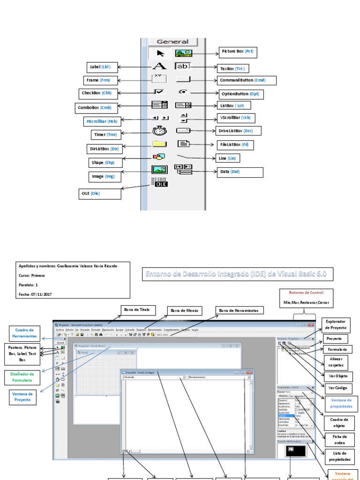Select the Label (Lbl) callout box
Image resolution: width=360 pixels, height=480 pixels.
tap(99, 67)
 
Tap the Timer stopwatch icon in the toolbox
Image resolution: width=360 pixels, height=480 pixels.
tap(159, 131)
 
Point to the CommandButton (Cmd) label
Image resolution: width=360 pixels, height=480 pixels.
tap(242, 80)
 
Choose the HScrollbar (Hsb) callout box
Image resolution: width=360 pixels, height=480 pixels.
tap(101, 121)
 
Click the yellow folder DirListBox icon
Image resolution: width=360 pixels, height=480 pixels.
tap(159, 144)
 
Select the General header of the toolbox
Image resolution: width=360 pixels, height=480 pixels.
tap(172, 42)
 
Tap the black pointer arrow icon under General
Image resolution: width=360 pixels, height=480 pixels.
tap(160, 53)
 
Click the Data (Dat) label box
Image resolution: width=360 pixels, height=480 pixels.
tap(240, 172)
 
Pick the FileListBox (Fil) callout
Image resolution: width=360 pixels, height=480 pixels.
tap(235, 145)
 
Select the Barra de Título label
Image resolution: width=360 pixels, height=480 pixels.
tap(138, 310)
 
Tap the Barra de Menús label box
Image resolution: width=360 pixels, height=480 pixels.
tap(185, 311)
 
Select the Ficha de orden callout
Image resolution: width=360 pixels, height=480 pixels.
tap(339, 440)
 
